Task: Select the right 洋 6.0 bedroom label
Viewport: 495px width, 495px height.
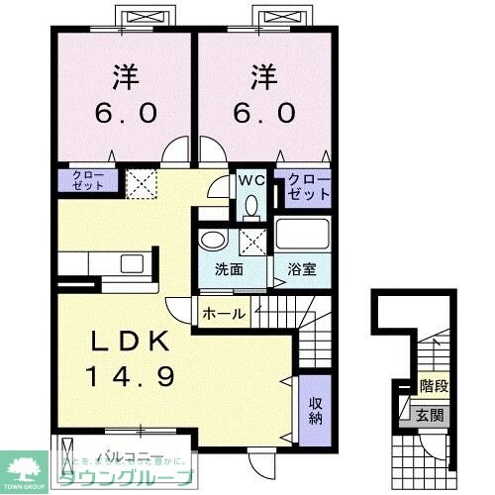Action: pyautogui.click(x=264, y=93)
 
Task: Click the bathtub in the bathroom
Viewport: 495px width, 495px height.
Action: pyautogui.click(x=302, y=236)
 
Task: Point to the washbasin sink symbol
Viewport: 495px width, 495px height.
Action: pyautogui.click(x=211, y=242)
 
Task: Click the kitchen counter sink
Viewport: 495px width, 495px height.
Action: pyautogui.click(x=131, y=263)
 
